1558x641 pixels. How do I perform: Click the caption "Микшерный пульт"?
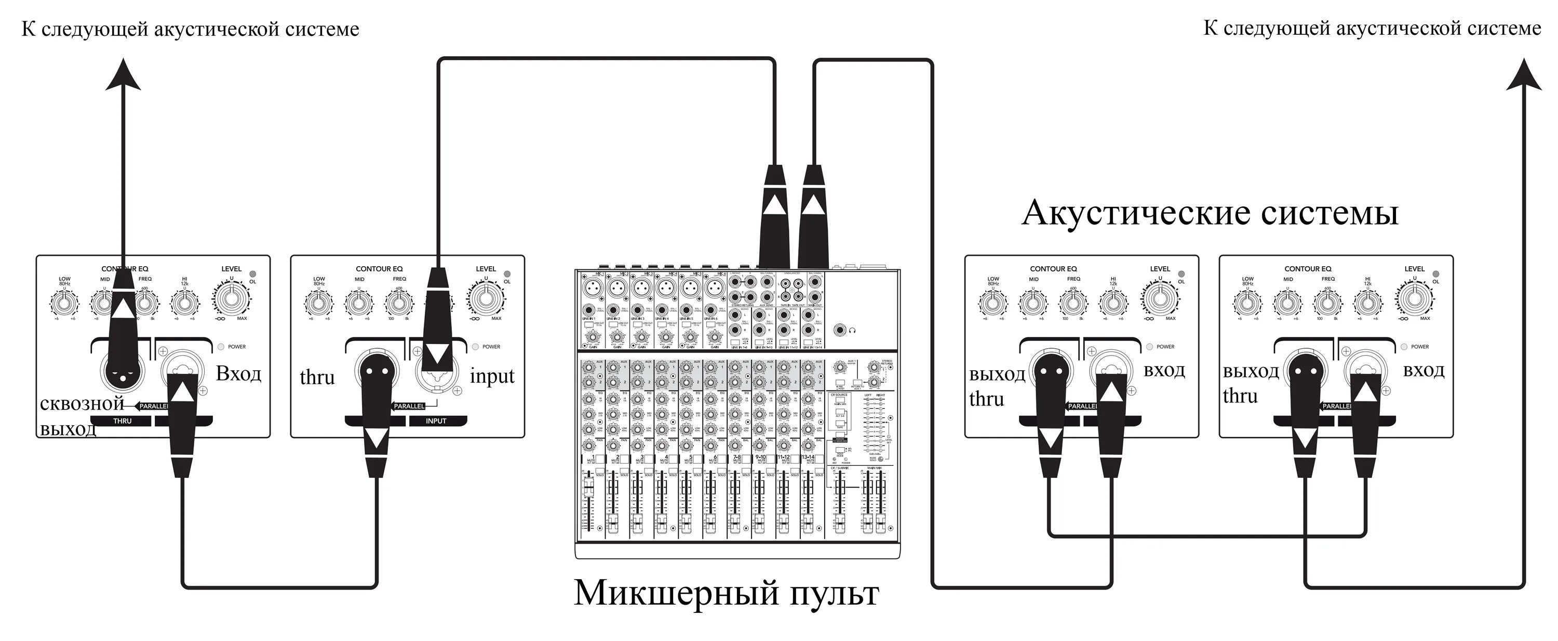click(x=726, y=593)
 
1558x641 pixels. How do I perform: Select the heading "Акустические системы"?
click(x=1210, y=213)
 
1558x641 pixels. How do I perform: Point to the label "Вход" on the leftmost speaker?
click(x=238, y=373)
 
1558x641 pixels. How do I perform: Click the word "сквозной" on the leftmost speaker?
click(x=82, y=404)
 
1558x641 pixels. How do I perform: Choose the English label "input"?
click(x=492, y=376)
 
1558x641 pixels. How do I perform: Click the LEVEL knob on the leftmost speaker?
click(x=231, y=298)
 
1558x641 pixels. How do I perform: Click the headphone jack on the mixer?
click(x=840, y=330)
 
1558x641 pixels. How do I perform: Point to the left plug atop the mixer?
click(x=774, y=212)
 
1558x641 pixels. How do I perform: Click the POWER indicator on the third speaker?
click(x=1149, y=347)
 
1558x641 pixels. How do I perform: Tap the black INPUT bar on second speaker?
click(x=436, y=421)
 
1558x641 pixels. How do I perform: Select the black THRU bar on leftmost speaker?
click(x=123, y=421)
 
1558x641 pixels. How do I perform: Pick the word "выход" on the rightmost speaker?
click(x=1251, y=371)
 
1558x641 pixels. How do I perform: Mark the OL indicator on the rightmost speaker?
click(x=1436, y=274)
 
